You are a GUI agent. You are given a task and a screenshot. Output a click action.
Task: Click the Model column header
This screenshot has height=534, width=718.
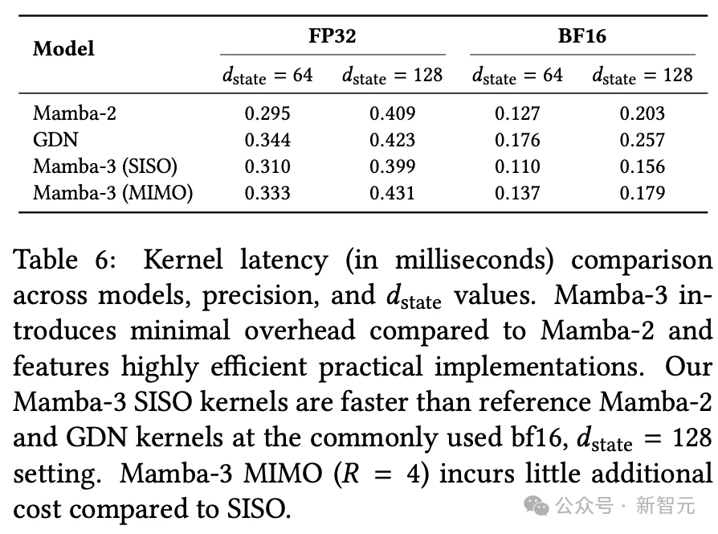(63, 48)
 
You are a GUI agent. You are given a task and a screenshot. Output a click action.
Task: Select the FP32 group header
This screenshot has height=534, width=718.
(332, 35)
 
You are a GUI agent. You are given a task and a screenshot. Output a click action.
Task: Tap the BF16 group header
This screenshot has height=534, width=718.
(581, 35)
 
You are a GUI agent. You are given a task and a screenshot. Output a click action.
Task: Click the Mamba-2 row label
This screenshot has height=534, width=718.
(75, 113)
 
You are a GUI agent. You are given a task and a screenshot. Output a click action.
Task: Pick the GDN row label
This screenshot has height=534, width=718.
(55, 140)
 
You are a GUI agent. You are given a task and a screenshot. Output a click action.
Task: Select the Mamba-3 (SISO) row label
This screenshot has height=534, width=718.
(105, 166)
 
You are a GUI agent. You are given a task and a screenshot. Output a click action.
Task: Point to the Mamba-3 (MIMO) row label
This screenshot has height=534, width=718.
(112, 193)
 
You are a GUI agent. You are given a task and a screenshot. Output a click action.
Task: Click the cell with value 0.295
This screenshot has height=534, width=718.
(267, 113)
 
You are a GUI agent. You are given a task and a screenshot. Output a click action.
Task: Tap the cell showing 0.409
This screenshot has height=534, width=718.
(393, 113)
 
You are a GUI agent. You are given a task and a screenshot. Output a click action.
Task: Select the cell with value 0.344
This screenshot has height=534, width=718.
(267, 140)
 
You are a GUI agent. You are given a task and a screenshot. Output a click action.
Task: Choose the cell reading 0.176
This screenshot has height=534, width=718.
(517, 140)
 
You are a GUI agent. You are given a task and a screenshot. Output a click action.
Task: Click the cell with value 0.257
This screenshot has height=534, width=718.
(643, 140)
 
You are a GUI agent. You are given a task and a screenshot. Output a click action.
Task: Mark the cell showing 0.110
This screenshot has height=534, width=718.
(517, 166)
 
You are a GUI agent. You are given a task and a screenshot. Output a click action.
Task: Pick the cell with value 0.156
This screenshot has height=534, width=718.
(643, 166)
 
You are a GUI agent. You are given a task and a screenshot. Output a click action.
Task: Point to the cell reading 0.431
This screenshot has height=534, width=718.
(393, 193)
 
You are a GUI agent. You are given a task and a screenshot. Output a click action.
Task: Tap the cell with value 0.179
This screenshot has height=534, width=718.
(643, 193)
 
